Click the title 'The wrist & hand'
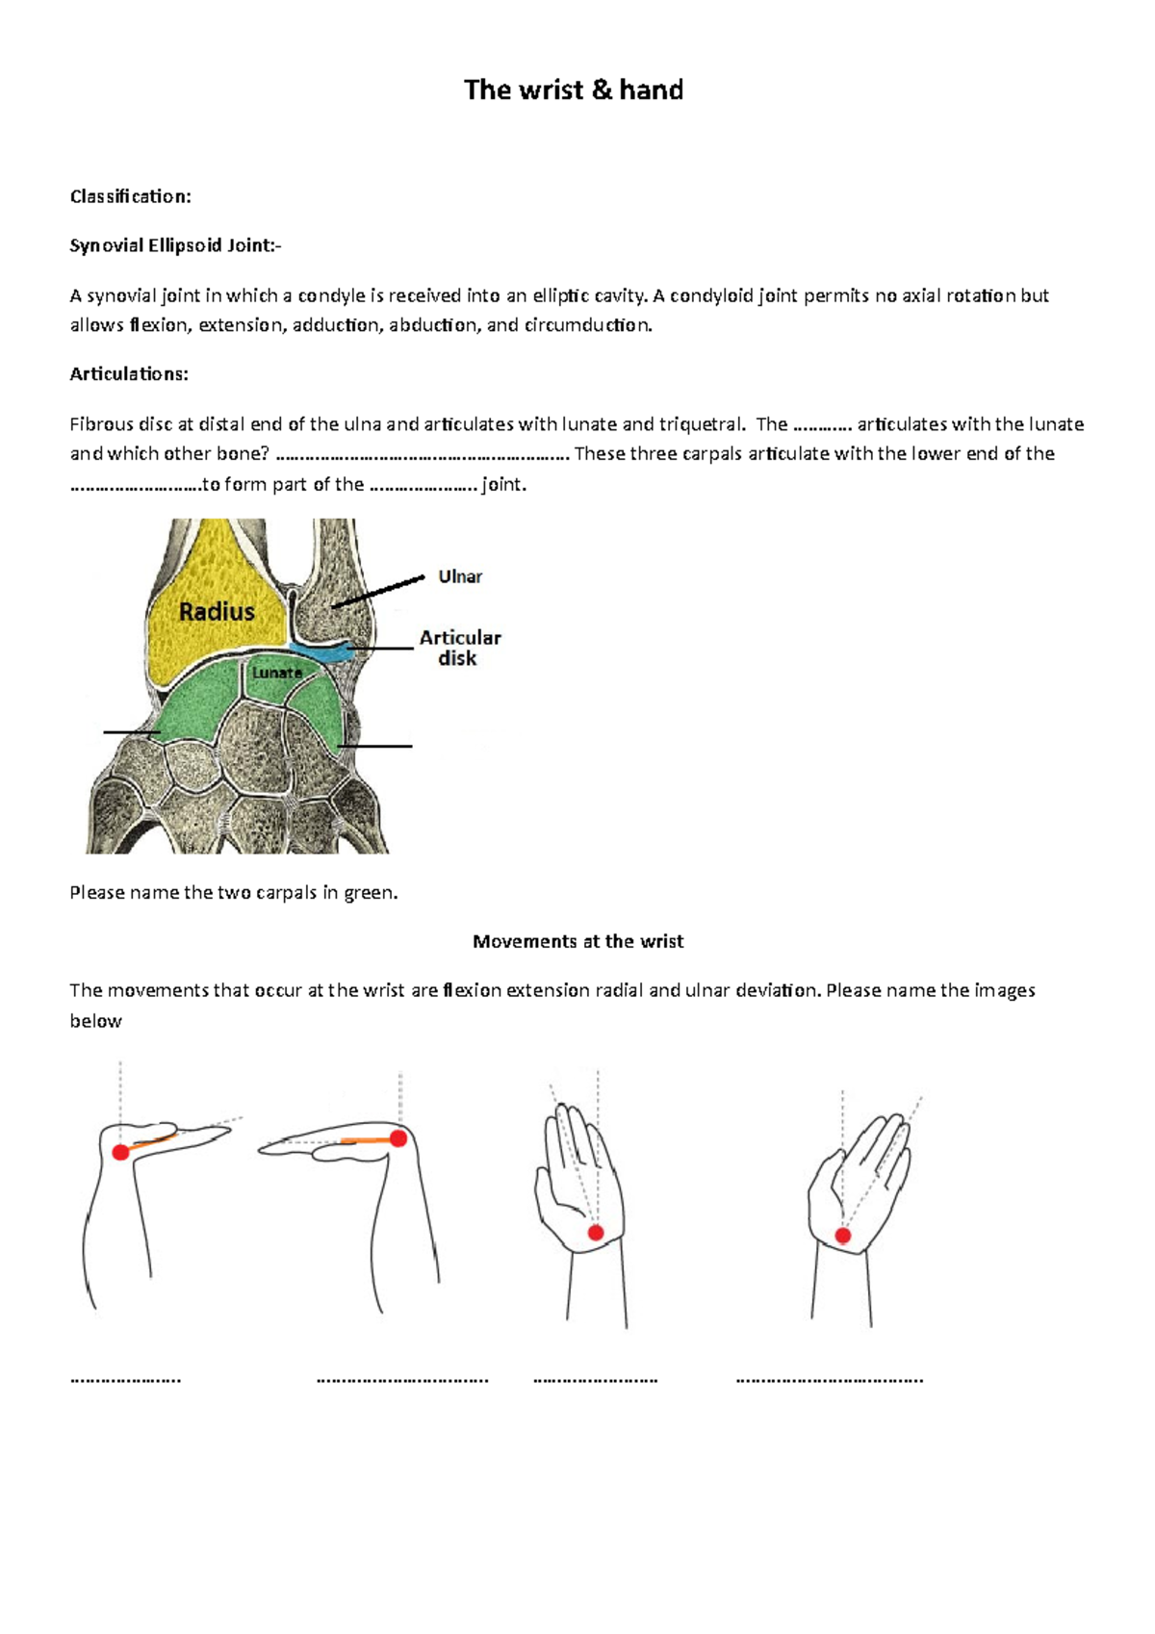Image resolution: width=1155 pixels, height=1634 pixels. click(x=574, y=90)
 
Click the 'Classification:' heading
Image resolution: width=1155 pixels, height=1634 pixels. click(x=130, y=196)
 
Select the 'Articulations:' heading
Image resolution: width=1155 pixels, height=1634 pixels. click(x=129, y=374)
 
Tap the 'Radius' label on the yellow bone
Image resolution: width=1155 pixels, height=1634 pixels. click(x=217, y=611)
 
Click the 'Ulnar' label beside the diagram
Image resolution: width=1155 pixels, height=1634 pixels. click(x=460, y=576)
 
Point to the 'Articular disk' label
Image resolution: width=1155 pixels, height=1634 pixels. click(x=459, y=648)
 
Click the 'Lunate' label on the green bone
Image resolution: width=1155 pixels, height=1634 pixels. click(x=276, y=673)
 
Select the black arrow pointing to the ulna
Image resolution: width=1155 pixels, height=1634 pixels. click(x=377, y=592)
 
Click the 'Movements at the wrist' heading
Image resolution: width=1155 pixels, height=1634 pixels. click(x=577, y=941)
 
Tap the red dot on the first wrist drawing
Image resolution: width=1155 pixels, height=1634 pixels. click(x=120, y=1152)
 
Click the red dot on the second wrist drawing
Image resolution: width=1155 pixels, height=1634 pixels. click(x=398, y=1138)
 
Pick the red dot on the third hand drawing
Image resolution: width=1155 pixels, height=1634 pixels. click(x=596, y=1233)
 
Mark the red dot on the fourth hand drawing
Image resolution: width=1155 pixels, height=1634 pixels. click(x=843, y=1236)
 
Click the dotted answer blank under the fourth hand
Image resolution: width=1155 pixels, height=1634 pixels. click(x=829, y=1380)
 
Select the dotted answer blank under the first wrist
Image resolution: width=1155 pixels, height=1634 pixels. click(x=125, y=1380)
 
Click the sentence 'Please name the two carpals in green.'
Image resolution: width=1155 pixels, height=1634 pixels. click(x=234, y=892)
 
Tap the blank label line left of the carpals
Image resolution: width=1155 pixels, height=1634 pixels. click(x=131, y=732)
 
